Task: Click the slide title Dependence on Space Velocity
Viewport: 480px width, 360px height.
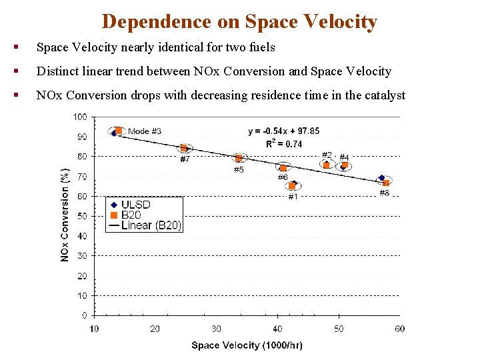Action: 239,21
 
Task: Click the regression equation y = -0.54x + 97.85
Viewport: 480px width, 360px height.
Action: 283,131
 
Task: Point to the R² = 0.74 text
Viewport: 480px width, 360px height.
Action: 284,143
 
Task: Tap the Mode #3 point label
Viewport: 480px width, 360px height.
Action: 145,131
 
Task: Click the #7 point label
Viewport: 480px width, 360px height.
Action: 185,159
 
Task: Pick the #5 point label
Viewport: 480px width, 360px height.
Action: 239,169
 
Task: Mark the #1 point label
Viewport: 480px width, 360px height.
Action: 293,197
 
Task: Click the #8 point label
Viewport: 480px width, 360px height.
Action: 385,193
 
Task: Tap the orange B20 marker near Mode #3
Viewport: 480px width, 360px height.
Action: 119,131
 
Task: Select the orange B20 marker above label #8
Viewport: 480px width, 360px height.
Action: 386,182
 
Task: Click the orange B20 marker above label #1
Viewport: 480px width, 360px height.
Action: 291,186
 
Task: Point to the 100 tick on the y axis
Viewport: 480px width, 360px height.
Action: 80,117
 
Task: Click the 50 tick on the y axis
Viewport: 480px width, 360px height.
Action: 82,216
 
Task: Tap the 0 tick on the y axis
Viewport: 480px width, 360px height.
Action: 84,315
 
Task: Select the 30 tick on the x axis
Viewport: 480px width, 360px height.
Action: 216,328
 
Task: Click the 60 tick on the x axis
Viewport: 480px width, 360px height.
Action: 399,328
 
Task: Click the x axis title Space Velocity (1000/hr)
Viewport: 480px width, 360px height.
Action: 246,345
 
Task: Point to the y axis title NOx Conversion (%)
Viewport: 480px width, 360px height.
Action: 65,214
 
